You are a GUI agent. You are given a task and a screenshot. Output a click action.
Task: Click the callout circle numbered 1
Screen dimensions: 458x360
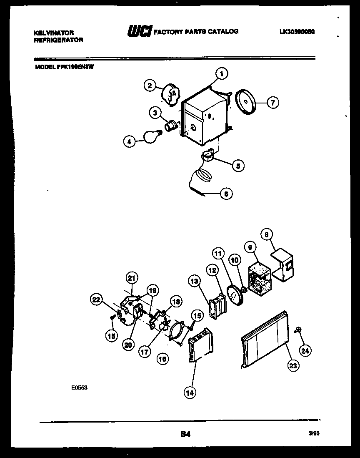pos(222,74)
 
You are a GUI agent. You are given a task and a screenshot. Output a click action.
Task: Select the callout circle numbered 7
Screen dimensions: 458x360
pos(272,102)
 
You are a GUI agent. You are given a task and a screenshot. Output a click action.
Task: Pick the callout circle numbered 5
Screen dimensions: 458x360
pos(238,165)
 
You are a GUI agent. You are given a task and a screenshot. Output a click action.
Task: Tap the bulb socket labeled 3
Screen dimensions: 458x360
pos(170,125)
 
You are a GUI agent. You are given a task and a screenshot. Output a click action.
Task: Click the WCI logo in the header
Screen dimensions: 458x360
pos(138,32)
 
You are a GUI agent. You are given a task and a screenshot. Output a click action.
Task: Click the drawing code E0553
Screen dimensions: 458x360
pos(79,387)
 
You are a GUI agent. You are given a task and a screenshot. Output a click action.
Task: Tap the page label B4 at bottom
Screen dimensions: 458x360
pos(185,434)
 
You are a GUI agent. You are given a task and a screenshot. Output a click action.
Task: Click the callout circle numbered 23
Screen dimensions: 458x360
pos(293,366)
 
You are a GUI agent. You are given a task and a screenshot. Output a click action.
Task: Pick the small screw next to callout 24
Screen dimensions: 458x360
pos(297,330)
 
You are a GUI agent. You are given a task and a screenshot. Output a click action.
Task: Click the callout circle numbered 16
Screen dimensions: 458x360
pos(162,358)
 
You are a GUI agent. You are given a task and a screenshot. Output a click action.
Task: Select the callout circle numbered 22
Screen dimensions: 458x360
pos(97,299)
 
